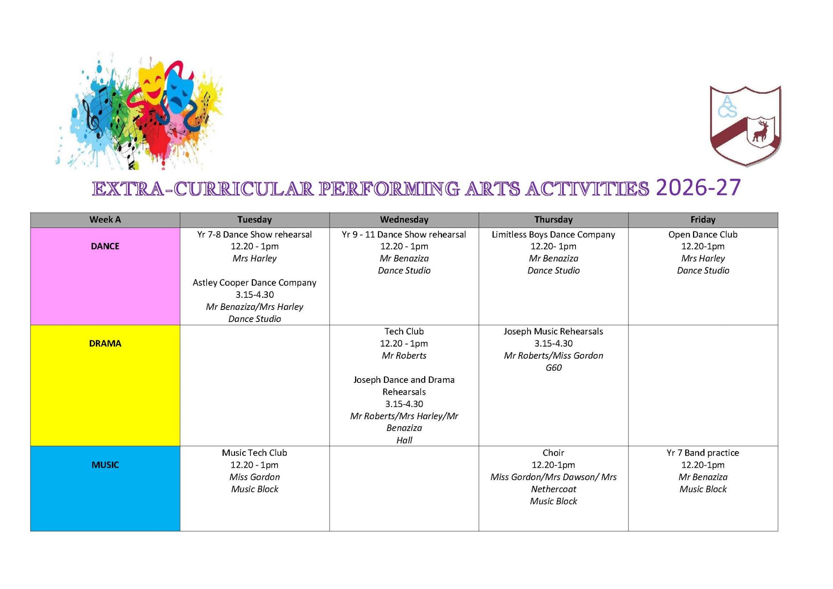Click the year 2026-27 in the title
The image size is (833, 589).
click(698, 187)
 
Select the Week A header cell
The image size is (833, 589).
click(105, 220)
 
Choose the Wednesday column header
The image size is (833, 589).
click(404, 220)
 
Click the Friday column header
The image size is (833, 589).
click(703, 220)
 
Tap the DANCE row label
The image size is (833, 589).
click(105, 246)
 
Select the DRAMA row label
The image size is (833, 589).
click(105, 344)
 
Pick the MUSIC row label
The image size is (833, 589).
click(105, 465)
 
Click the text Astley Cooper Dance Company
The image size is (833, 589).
click(255, 282)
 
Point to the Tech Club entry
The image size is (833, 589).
click(404, 331)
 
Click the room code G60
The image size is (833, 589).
click(553, 367)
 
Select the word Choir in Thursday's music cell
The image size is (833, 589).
click(553, 453)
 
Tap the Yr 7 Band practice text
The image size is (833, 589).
click(703, 453)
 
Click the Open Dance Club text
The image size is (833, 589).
click(703, 235)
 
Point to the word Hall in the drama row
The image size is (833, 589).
click(404, 440)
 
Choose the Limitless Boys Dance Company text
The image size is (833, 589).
click(553, 235)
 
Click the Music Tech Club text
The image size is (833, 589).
click(255, 453)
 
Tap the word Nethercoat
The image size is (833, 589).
click(553, 489)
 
